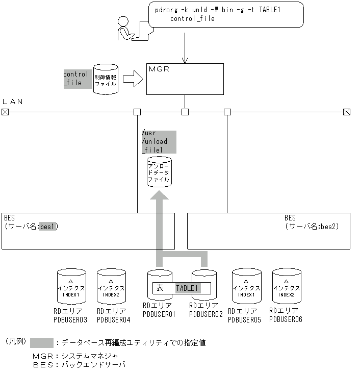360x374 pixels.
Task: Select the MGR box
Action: point(185,79)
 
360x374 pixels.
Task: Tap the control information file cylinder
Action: point(106,79)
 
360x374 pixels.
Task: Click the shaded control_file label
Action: point(75,78)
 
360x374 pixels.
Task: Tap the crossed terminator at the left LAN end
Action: point(5,112)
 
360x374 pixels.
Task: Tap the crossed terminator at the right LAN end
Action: point(346,112)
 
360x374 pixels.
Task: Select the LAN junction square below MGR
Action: point(185,112)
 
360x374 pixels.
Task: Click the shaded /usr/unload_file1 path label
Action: point(158,142)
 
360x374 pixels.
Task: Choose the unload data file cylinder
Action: point(159,172)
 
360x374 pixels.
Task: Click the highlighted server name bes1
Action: point(47,227)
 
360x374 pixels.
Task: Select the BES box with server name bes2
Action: point(269,231)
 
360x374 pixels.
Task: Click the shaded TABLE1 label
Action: point(187,288)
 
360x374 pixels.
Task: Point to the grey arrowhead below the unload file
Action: point(159,196)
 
